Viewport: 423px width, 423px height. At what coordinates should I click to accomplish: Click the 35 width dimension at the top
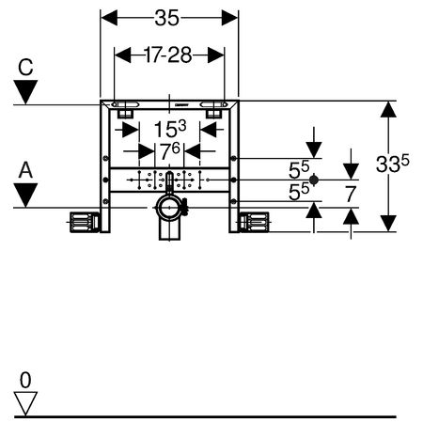[x=167, y=18]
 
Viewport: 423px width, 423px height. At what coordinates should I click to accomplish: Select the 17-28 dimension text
[x=168, y=55]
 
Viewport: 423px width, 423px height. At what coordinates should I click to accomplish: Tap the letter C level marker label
[x=25, y=67]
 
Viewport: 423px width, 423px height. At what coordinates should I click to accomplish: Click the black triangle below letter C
[x=25, y=92]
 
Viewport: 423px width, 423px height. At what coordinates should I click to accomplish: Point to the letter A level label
[x=25, y=171]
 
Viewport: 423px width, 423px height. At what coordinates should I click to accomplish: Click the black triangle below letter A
[x=25, y=196]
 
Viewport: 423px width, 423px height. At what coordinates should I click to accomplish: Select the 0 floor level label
[x=25, y=381]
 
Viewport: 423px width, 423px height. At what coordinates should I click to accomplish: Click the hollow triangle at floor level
[x=25, y=403]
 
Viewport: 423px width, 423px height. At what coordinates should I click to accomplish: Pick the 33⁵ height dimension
[x=392, y=164]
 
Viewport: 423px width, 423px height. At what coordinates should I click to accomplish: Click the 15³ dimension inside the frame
[x=170, y=129]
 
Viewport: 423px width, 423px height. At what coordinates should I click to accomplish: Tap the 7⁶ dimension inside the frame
[x=170, y=151]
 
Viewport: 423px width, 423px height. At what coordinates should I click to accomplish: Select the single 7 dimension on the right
[x=351, y=194]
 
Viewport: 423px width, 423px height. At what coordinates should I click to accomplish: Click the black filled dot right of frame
[x=314, y=180]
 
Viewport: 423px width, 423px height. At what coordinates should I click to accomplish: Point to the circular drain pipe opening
[x=169, y=208]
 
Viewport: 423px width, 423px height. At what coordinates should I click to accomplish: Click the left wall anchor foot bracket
[x=85, y=222]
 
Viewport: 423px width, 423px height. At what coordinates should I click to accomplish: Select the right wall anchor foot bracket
[x=254, y=222]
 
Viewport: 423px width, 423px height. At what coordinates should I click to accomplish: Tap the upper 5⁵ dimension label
[x=299, y=169]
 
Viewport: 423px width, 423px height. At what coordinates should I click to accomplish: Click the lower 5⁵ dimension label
[x=299, y=192]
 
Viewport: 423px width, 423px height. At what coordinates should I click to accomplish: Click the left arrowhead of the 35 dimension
[x=109, y=18]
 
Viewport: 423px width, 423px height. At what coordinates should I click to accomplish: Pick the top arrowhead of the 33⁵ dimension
[x=388, y=109]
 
